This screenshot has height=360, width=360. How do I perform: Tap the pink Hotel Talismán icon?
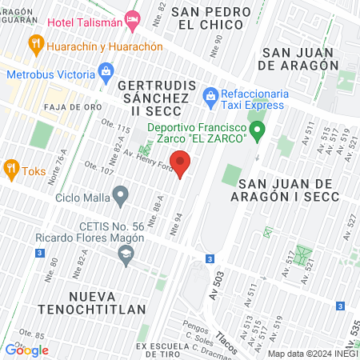click(x=133, y=18)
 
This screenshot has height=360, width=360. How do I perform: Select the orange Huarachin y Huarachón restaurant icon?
click(x=34, y=44)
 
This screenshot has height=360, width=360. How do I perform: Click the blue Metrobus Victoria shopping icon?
click(x=106, y=74)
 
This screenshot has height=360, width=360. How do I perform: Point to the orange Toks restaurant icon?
click(x=11, y=169)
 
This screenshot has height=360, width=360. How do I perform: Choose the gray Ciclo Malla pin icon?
click(x=121, y=194)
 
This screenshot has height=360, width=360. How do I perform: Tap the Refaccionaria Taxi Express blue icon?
click(x=210, y=96)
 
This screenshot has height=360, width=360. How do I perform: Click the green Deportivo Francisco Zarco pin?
click(x=257, y=130)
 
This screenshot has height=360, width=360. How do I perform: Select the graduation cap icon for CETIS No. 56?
click(x=125, y=255)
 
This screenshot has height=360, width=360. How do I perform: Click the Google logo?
click(x=26, y=350)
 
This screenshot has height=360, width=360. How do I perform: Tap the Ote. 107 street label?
click(x=97, y=168)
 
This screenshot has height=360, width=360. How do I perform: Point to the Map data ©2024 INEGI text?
click(x=312, y=353)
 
